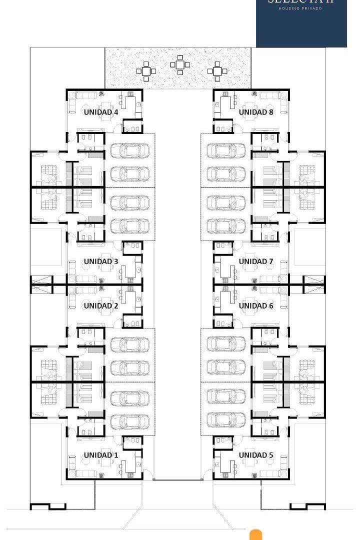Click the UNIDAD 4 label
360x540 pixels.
tap(101, 112)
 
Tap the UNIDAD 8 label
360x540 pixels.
tap(256, 112)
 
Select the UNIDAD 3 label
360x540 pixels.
tap(101, 261)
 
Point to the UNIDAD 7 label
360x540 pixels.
tap(256, 261)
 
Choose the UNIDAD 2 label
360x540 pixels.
tap(101, 305)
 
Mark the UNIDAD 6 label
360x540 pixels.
tap(256, 305)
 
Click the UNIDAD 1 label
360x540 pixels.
tap(101, 455)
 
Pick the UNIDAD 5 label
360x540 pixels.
tap(256, 455)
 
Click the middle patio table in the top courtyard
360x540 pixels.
tap(180, 64)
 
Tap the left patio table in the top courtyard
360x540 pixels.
tap(146, 71)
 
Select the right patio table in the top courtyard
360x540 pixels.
tap(217, 71)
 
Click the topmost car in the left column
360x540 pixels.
tap(129, 150)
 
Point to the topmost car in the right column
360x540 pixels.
tap(226, 150)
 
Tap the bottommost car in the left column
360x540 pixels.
tap(129, 421)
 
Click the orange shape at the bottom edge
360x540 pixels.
tap(255, 535)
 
